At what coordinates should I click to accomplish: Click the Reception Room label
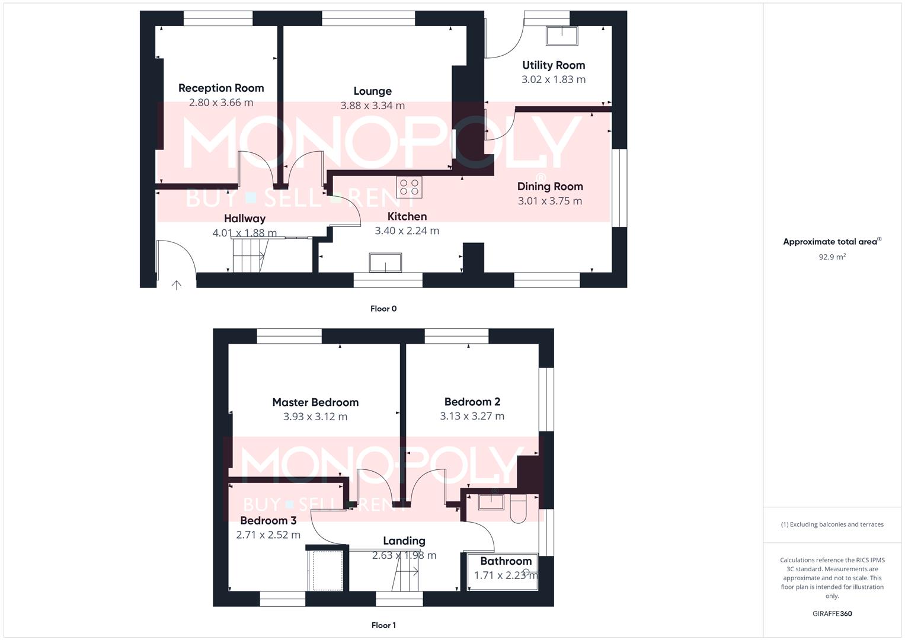pyautogui.click(x=221, y=88)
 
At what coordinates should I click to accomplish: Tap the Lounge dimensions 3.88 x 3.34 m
pyautogui.click(x=372, y=105)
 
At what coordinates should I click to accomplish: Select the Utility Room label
pyautogui.click(x=553, y=65)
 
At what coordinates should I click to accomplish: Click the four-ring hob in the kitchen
pyautogui.click(x=410, y=187)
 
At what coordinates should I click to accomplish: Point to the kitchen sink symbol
pyautogui.click(x=385, y=262)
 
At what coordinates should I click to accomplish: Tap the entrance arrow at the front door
pyautogui.click(x=177, y=285)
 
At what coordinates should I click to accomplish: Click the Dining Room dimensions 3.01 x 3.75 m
pyautogui.click(x=549, y=201)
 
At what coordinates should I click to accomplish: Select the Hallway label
pyautogui.click(x=244, y=218)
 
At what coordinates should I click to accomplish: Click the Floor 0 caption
pyautogui.click(x=383, y=309)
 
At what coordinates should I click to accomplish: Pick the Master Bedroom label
pyautogui.click(x=315, y=402)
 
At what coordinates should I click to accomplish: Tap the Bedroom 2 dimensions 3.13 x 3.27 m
pyautogui.click(x=472, y=416)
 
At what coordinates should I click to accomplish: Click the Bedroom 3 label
pyautogui.click(x=268, y=520)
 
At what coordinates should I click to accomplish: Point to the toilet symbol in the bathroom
pyautogui.click(x=518, y=510)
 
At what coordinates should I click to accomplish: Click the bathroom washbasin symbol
pyautogui.click(x=491, y=502)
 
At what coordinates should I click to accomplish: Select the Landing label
pyautogui.click(x=404, y=540)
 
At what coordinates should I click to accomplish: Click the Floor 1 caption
pyautogui.click(x=383, y=625)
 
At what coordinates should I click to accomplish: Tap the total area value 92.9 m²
pyautogui.click(x=832, y=257)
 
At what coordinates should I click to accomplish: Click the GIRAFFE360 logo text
pyautogui.click(x=832, y=614)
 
